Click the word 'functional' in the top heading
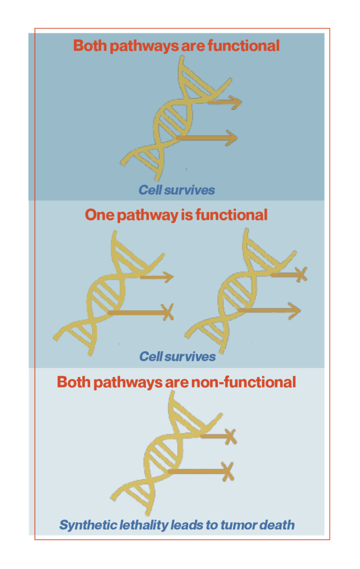click(244, 46)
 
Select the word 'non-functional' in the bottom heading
click(244, 382)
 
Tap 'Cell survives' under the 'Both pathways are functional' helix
click(177, 190)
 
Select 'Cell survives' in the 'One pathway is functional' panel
click(178, 357)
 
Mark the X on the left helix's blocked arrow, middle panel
click(168, 312)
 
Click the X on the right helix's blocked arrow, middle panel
click(302, 274)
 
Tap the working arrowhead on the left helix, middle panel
click(168, 277)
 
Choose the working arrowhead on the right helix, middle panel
click(295, 311)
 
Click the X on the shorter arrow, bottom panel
click(230, 437)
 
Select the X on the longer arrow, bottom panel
click(228, 472)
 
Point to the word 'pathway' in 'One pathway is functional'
click(148, 215)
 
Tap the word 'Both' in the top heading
click(90, 46)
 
